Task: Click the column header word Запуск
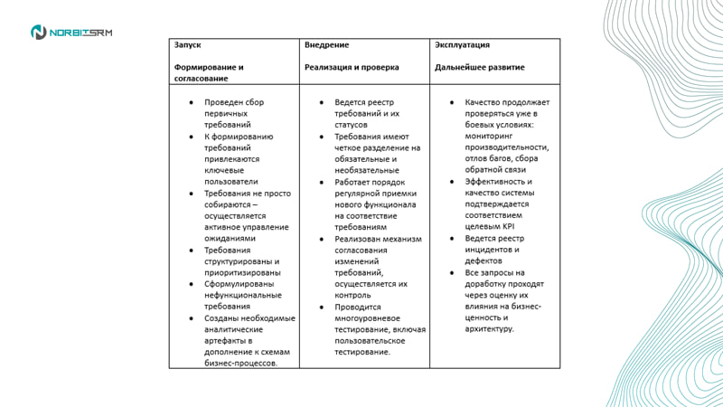click(187, 44)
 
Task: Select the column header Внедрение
click(327, 44)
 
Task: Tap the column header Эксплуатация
click(462, 44)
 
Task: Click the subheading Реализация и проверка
click(352, 67)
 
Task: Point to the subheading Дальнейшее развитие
click(479, 67)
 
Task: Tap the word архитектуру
click(490, 329)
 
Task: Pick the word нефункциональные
click(239, 295)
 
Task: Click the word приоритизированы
click(239, 272)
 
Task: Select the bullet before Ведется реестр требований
click(324, 103)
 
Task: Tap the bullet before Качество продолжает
click(455, 103)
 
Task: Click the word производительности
click(507, 147)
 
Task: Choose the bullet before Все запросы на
click(455, 272)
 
